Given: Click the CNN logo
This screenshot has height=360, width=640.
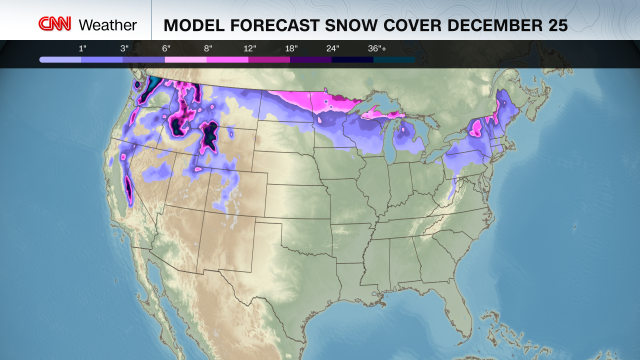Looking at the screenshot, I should coord(55,24).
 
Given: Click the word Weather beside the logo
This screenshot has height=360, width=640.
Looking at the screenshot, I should coord(108,25).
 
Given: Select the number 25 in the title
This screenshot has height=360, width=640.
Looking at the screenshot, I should coord(557,25).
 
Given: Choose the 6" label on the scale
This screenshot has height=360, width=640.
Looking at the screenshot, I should coord(166,48).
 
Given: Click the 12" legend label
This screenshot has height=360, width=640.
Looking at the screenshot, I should coord(250,48).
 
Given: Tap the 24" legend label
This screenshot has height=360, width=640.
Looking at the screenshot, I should coord(333,48).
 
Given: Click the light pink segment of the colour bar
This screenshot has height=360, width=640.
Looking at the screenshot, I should coord(185,59).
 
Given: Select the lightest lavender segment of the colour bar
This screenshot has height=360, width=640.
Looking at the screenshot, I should coord(60,59).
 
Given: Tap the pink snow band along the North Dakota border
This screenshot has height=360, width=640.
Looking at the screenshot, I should coord(295,97).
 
